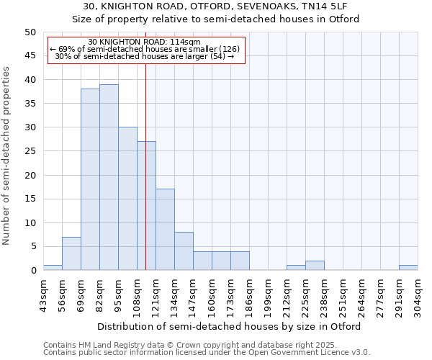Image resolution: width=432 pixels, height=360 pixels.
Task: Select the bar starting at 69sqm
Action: [90, 179]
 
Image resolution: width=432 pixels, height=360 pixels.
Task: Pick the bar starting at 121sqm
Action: [165, 230]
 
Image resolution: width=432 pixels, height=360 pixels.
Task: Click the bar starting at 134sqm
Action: [184, 251]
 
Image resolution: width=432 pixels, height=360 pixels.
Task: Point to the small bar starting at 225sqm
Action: [315, 266]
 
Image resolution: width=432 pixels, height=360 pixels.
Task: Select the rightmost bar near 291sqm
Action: [408, 268]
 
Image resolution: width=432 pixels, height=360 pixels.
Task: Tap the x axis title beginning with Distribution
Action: [230, 326]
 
